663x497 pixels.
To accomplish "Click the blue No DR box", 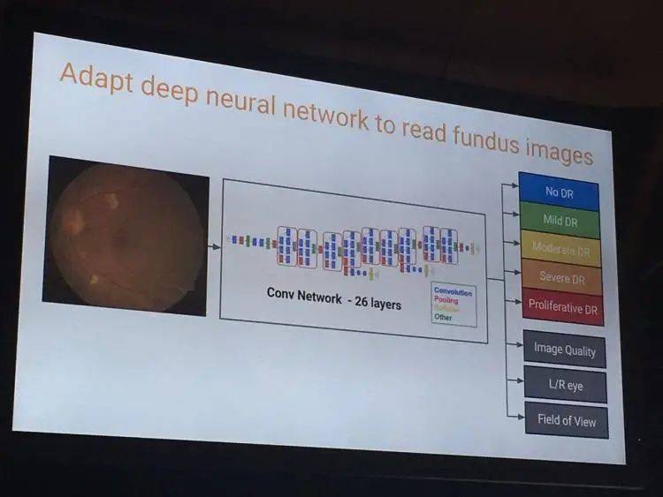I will pyautogui.click(x=559, y=191).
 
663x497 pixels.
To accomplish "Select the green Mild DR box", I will pyautogui.click(x=560, y=220).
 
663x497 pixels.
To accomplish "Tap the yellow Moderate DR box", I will pyautogui.click(x=561, y=248).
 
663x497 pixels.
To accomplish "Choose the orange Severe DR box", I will pyautogui.click(x=562, y=277).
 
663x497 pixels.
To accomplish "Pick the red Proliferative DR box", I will pyautogui.click(x=563, y=305).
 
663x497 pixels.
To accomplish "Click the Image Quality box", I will pyautogui.click(x=564, y=349).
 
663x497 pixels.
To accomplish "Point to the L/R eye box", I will pyautogui.click(x=565, y=386).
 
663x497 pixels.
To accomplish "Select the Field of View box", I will pyautogui.click(x=566, y=419).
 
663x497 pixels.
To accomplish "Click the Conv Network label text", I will pyautogui.click(x=303, y=297).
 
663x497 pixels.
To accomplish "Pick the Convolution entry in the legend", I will pyautogui.click(x=453, y=291).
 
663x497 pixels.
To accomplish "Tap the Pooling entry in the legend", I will pyautogui.click(x=447, y=300).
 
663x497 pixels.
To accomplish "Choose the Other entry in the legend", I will pyautogui.click(x=444, y=317).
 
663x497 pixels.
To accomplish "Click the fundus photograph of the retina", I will pyautogui.click(x=126, y=236).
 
